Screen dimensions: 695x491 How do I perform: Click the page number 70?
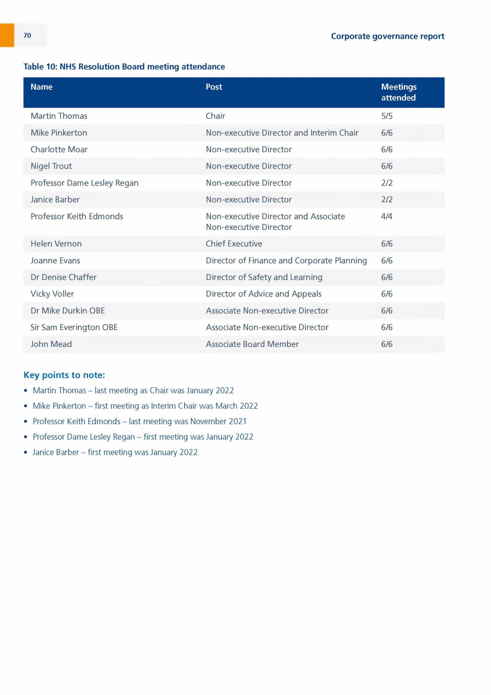27,36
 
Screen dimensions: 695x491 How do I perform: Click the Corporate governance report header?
388,36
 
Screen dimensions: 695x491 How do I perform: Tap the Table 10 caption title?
124,67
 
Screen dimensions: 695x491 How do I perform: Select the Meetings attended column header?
399,92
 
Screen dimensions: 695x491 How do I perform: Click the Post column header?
214,87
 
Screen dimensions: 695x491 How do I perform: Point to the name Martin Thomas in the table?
59,116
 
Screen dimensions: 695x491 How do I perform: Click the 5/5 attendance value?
387,116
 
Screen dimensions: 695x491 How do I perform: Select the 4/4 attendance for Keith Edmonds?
387,217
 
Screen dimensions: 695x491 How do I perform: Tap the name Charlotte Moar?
59,149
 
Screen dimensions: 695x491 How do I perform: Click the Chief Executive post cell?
234,244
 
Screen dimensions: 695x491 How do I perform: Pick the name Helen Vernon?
56,244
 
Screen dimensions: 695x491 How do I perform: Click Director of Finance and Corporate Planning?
286,261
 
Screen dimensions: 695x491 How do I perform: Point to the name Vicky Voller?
52,294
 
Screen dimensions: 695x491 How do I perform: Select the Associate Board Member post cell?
252,344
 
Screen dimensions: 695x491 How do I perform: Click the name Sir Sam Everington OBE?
74,327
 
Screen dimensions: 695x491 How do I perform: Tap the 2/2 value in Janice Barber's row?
387,200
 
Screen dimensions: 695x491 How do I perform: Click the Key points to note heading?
64,375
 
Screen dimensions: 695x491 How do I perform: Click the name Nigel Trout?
51,166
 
